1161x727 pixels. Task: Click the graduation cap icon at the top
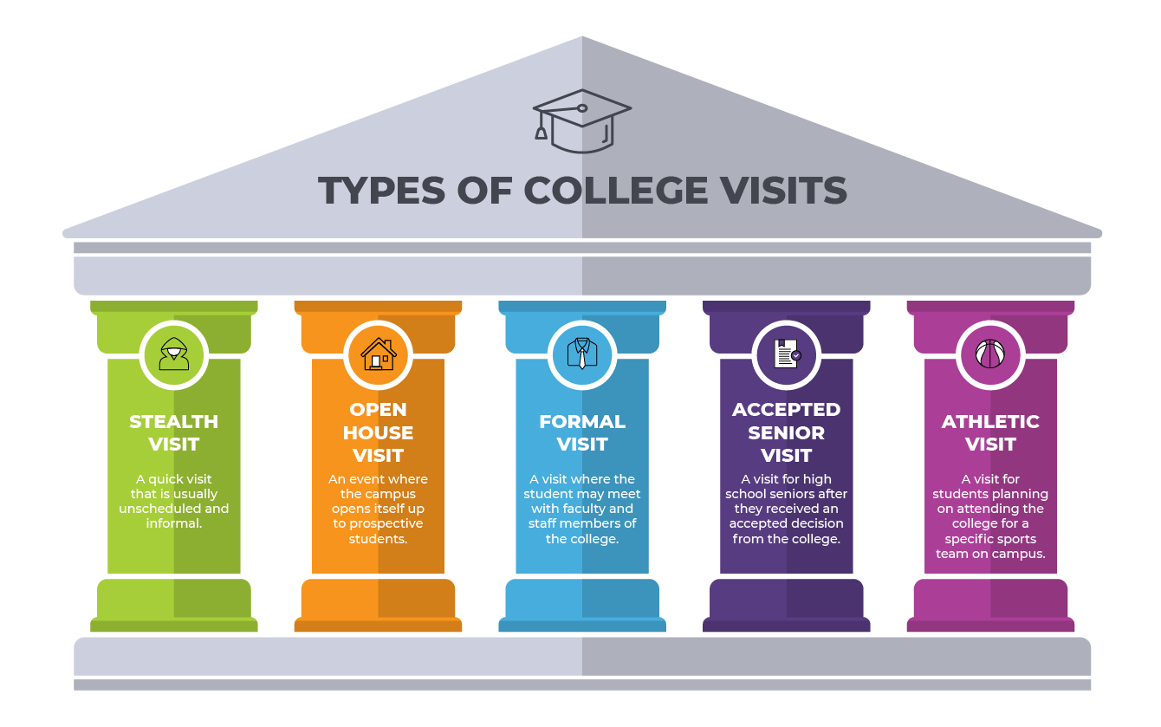pos(581,120)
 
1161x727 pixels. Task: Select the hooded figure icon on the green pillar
pos(174,354)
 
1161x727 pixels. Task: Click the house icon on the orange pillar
pos(378,354)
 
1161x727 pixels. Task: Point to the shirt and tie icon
pos(582,354)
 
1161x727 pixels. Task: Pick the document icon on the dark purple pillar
pos(786,354)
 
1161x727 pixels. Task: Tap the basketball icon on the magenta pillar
pos(990,354)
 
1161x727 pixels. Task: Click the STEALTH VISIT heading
pos(174,432)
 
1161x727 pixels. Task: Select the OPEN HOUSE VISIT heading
pos(378,432)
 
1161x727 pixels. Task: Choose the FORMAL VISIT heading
pos(582,432)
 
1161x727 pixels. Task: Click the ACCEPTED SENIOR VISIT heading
pos(786,432)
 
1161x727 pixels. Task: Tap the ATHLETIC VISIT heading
pos(990,432)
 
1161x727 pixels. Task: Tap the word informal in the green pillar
pos(173,523)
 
